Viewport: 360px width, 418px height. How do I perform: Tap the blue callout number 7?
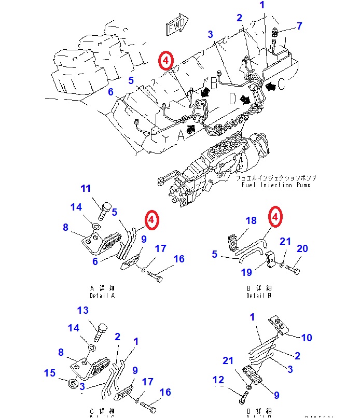pos(299,25)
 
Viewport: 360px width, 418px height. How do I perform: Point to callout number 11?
pos(85,188)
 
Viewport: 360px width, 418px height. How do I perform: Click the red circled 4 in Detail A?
pos(151,220)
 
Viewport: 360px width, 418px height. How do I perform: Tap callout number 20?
pos(302,248)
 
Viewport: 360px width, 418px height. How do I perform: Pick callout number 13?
pos(84,310)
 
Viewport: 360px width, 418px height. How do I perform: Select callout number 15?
pos(49,373)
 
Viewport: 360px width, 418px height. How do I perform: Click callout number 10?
pos(307,338)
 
